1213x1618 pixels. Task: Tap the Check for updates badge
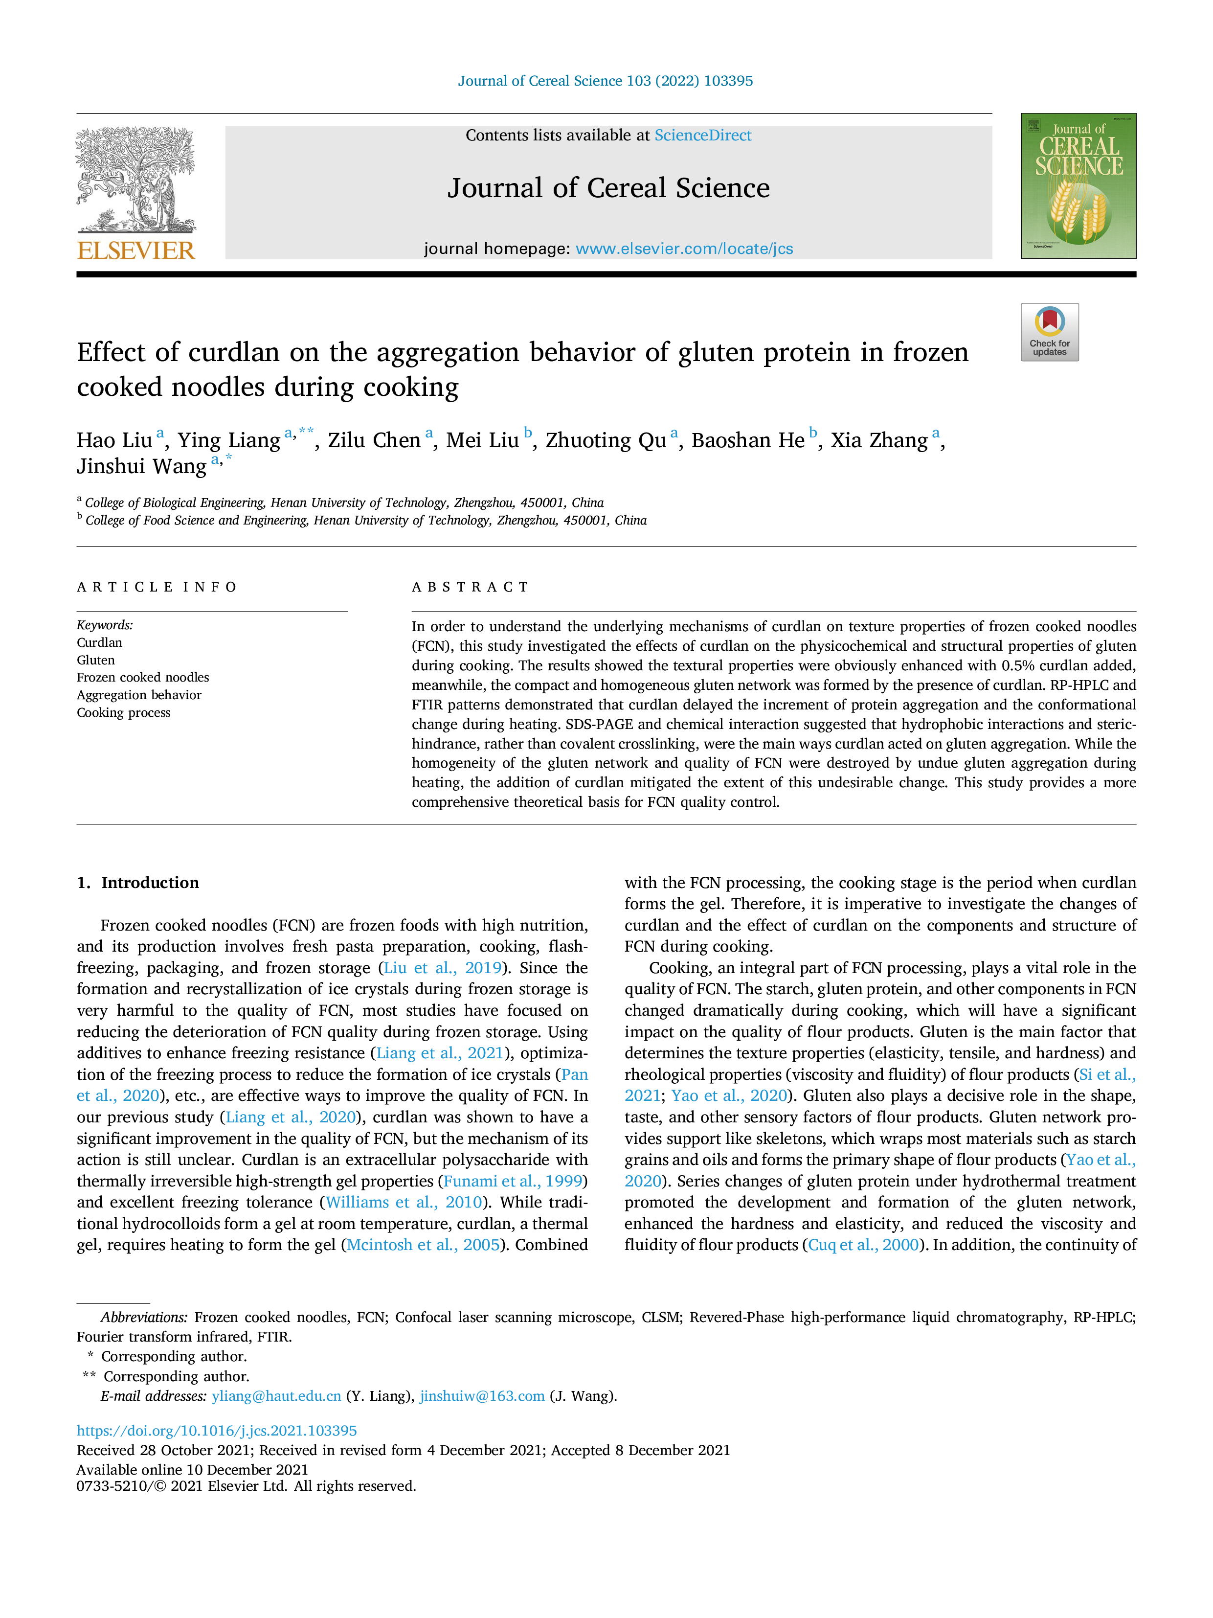[1049, 332]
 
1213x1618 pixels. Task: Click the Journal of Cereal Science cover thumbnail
[1078, 186]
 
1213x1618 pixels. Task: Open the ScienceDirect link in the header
[703, 136]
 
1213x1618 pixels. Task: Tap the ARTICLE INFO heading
[157, 588]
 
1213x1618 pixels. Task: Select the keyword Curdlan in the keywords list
[99, 642]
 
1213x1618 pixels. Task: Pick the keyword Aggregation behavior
[139, 695]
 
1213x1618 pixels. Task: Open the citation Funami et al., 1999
[513, 1181]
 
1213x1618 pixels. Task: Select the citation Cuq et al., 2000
[863, 1245]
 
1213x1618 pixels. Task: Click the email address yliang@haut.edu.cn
[276, 1396]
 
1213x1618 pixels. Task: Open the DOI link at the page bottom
[216, 1431]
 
